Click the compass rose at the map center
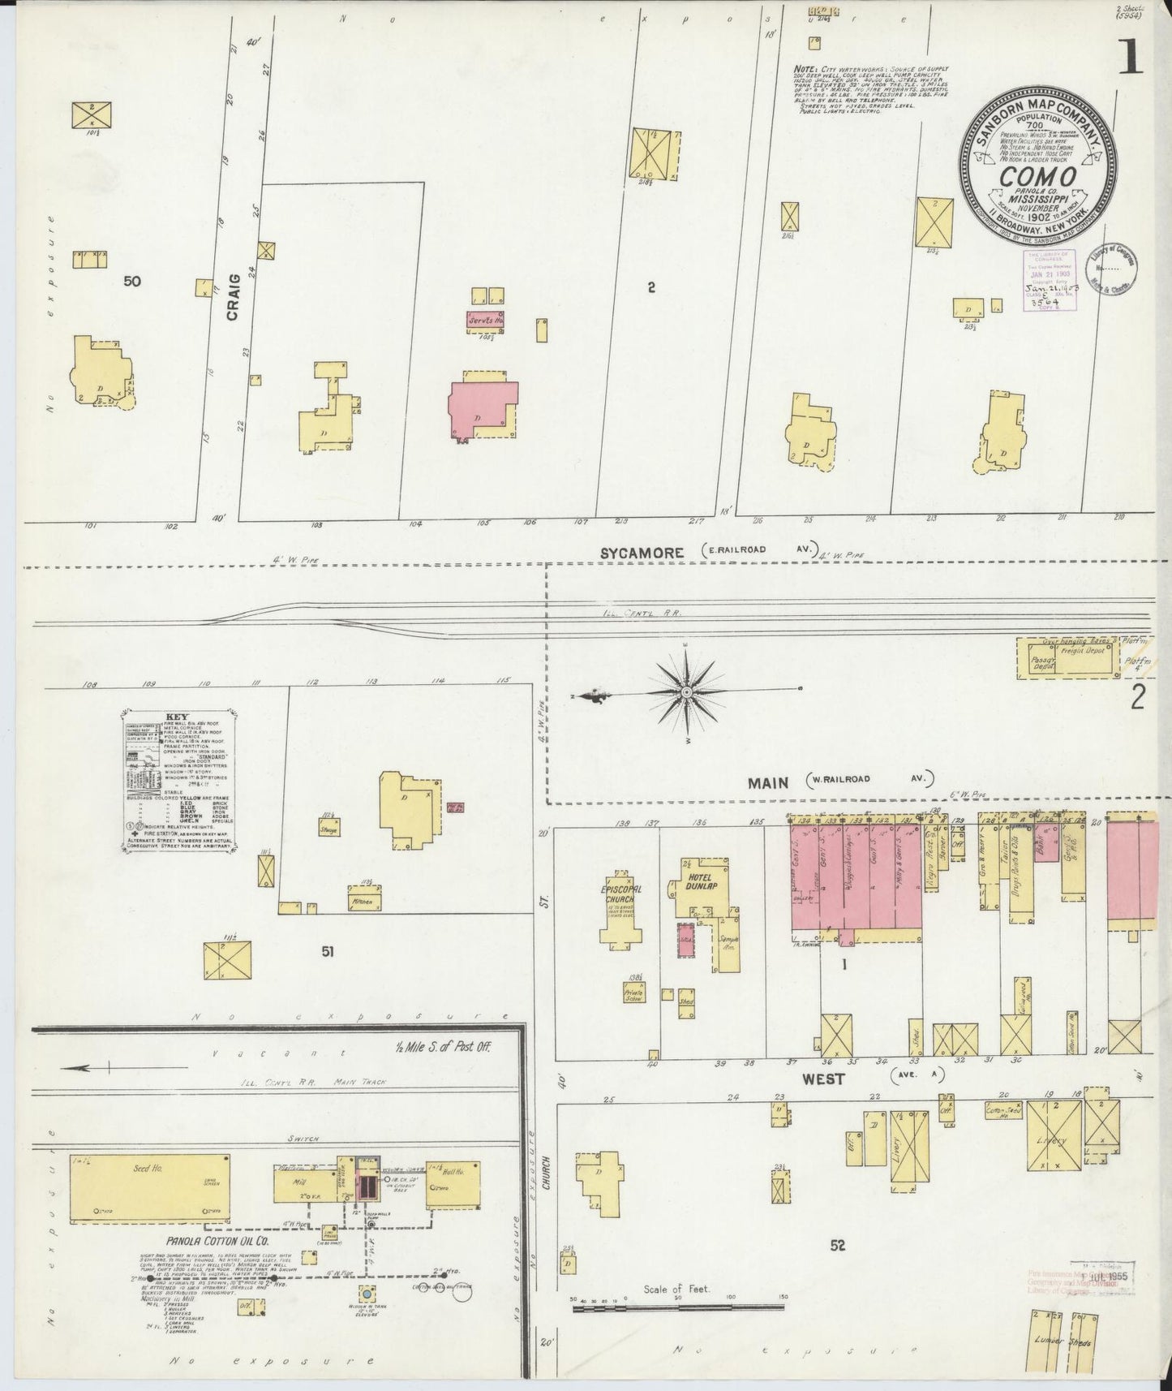click(686, 691)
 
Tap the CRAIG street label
click(234, 297)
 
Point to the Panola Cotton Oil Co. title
click(217, 1264)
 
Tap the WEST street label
click(823, 1079)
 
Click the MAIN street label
click(768, 782)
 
